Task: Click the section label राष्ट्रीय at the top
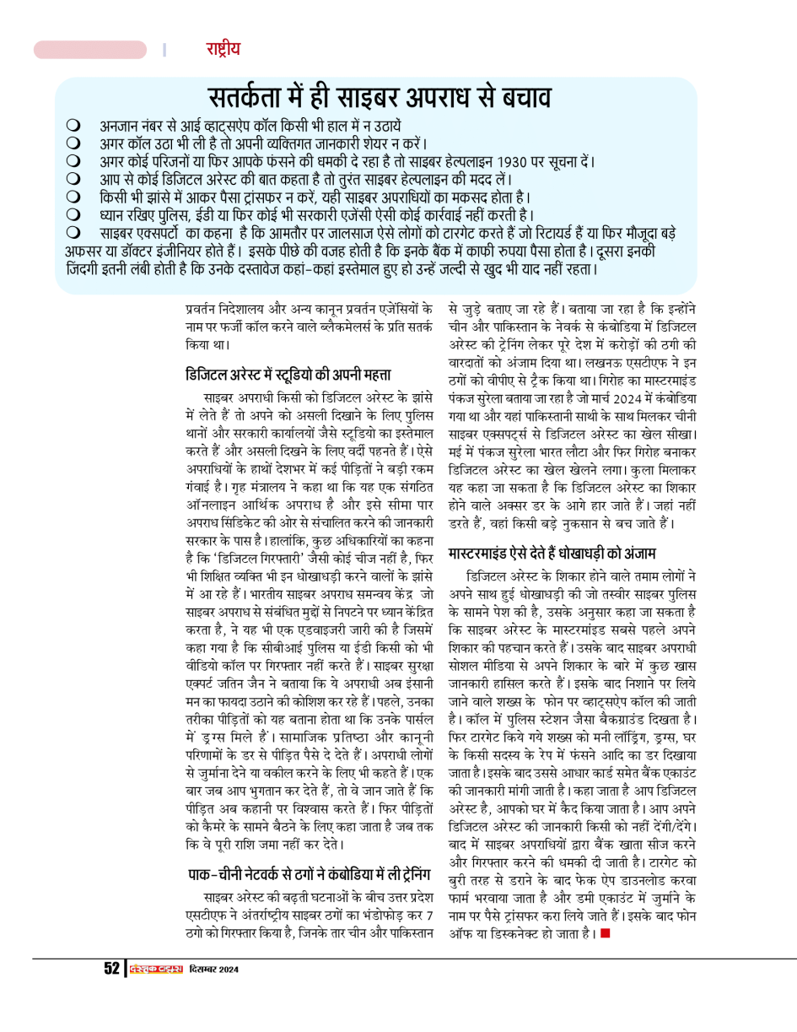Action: [223, 49]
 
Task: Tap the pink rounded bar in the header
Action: [89, 50]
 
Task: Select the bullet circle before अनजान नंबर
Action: [73, 125]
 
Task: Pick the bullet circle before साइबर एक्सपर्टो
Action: [73, 231]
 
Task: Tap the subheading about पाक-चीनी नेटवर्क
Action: [310, 871]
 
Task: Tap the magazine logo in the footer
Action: [156, 969]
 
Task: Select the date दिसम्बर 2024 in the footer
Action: [214, 969]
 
